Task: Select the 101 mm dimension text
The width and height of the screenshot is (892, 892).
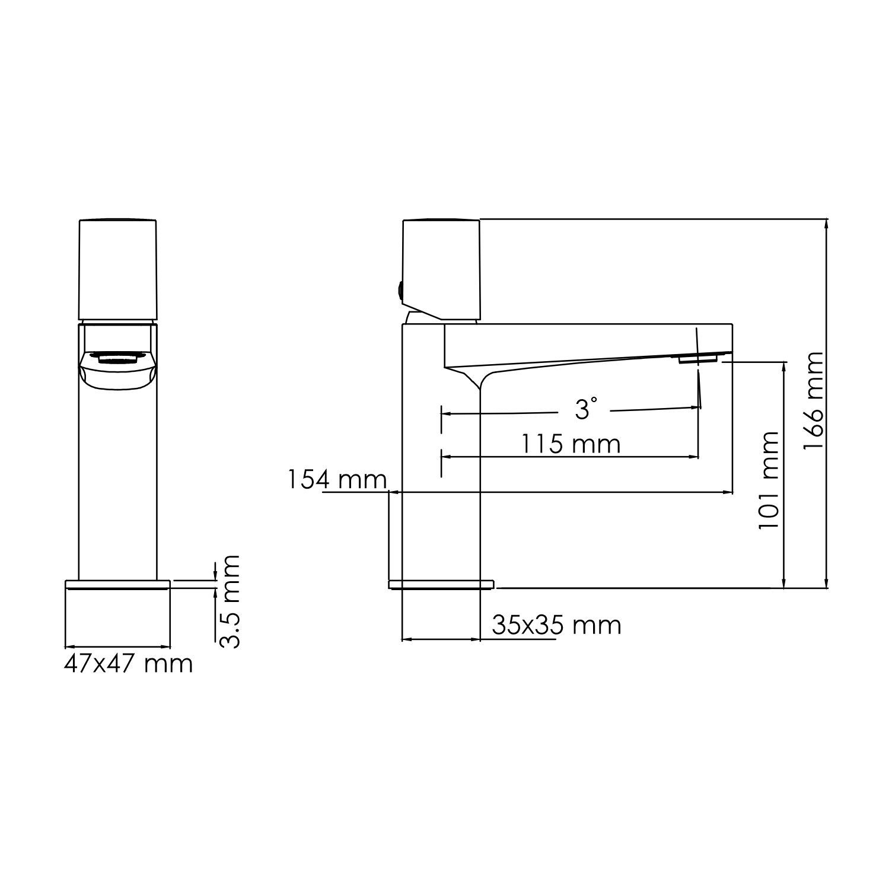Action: pyautogui.click(x=769, y=480)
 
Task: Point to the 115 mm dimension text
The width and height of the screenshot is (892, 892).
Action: pyautogui.click(x=571, y=444)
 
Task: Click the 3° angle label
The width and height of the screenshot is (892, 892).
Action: pyautogui.click(x=585, y=409)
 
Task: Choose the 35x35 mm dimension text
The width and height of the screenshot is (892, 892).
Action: pyautogui.click(x=556, y=625)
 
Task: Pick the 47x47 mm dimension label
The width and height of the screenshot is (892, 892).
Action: pyautogui.click(x=128, y=664)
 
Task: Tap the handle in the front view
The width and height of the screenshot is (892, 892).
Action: pyautogui.click(x=118, y=270)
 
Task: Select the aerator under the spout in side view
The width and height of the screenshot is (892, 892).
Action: pyautogui.click(x=699, y=358)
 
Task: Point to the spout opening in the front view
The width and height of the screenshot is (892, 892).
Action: pyautogui.click(x=117, y=358)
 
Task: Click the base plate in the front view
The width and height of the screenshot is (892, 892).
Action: pyautogui.click(x=118, y=585)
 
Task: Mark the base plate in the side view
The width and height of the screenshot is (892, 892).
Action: pyautogui.click(x=441, y=585)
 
